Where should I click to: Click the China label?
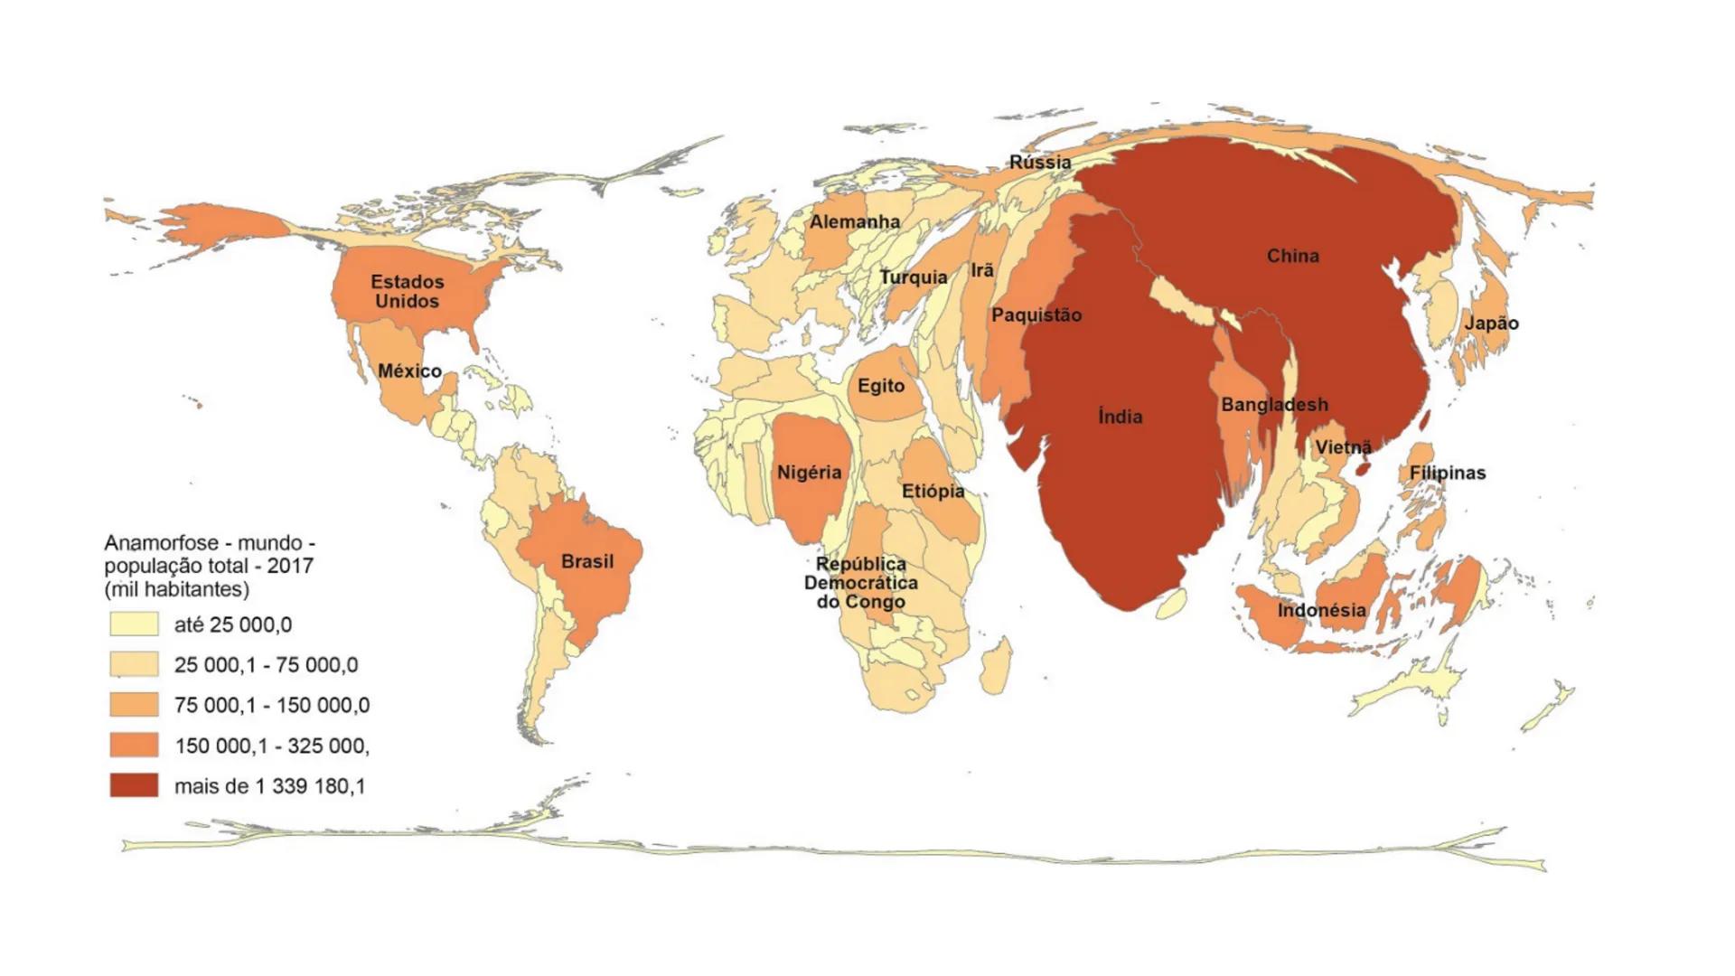[1292, 256]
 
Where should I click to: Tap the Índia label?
[1120, 417]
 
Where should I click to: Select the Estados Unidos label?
[407, 292]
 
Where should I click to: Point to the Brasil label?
[587, 561]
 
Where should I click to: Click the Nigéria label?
[809, 472]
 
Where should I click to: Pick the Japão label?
[1491, 324]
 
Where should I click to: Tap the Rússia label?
[1040, 163]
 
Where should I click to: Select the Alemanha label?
[854, 221]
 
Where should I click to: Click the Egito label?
[880, 386]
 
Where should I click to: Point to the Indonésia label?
[1321, 610]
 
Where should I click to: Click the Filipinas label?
[1447, 473]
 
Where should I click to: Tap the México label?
[409, 371]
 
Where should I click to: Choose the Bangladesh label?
[1274, 405]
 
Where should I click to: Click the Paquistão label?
[1036, 315]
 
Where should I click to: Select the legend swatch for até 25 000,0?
[134, 624]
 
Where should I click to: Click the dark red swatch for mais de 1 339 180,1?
[134, 785]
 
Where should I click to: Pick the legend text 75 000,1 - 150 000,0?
[271, 705]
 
